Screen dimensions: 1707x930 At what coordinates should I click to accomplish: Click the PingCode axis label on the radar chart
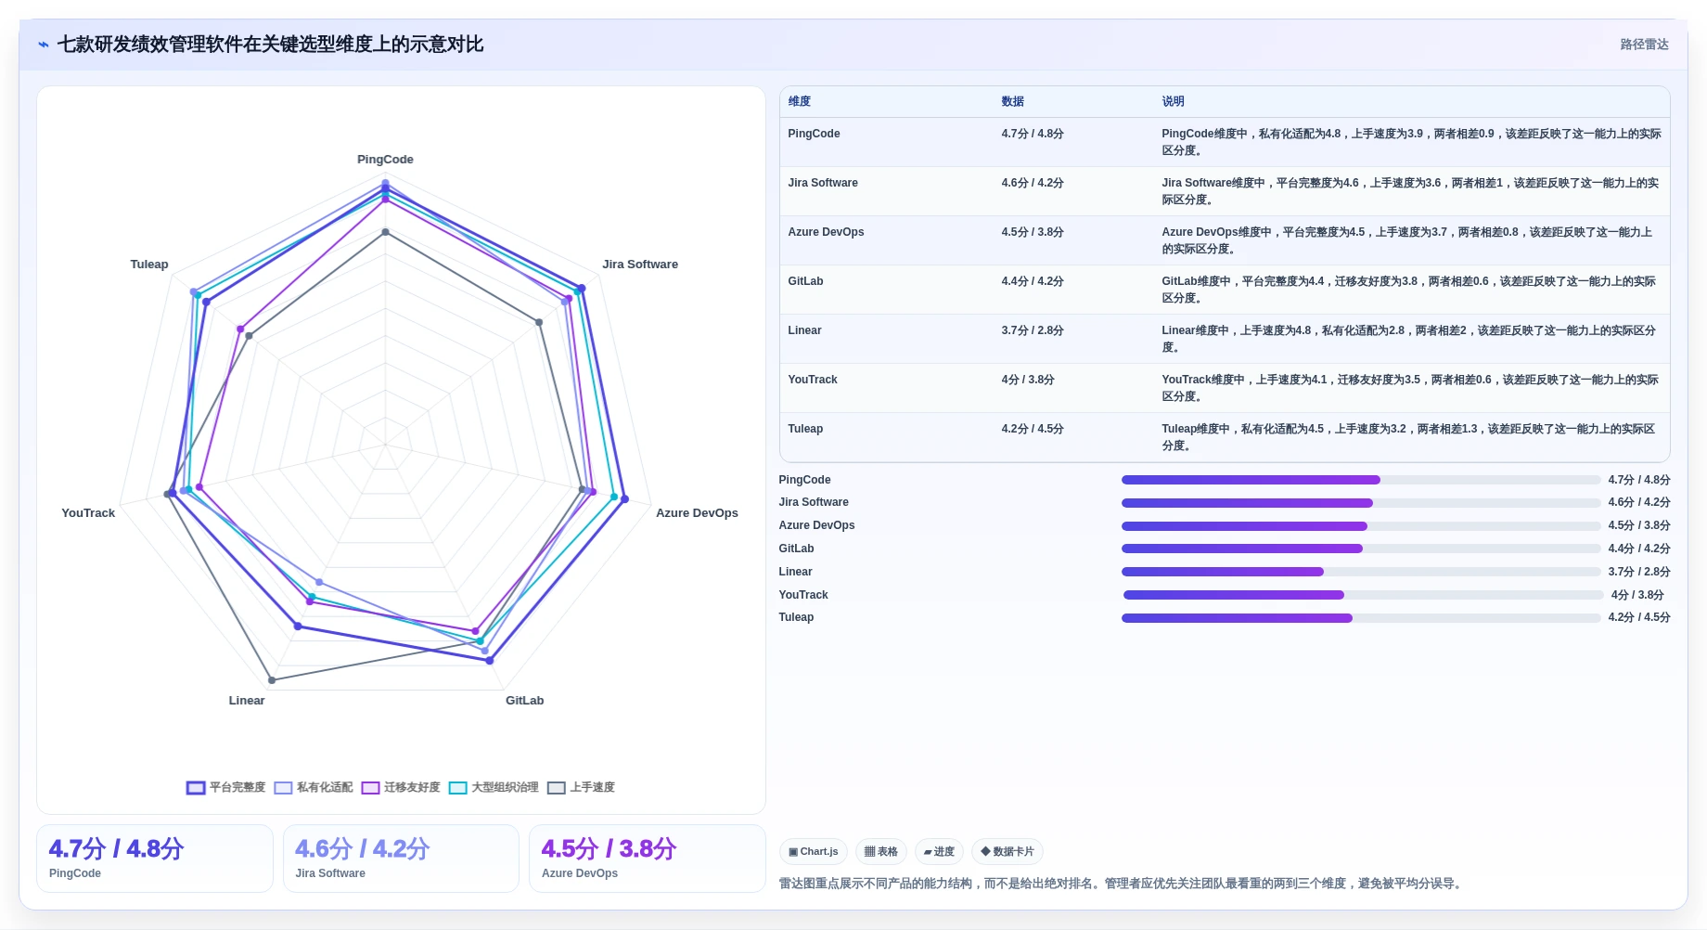[385, 160]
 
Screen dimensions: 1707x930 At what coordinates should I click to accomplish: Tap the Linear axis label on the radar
[247, 701]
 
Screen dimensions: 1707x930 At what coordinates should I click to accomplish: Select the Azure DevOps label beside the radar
[697, 513]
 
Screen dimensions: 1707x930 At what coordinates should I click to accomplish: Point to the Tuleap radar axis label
[149, 265]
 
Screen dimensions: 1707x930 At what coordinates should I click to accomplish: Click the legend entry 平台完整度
[226, 787]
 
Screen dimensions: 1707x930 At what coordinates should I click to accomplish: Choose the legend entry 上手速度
[582, 787]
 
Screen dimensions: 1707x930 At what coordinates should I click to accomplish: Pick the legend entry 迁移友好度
[401, 787]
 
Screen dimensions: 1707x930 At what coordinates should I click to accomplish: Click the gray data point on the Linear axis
[272, 680]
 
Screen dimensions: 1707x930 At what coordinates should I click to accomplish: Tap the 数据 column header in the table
[1012, 101]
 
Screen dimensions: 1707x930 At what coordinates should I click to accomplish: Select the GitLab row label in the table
[805, 281]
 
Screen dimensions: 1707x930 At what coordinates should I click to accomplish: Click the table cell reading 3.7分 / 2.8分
[1033, 330]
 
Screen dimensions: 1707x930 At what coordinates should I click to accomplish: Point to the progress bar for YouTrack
[1363, 595]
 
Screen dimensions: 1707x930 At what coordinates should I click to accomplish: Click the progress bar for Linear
[1361, 572]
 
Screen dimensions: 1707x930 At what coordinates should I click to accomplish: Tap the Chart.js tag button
[814, 851]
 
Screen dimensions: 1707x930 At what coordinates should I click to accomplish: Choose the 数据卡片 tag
[1007, 851]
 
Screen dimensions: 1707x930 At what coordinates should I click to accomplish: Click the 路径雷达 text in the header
[1644, 45]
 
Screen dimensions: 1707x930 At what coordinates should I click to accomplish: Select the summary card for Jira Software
[401, 859]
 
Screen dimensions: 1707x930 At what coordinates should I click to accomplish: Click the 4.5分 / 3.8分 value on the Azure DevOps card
[609, 848]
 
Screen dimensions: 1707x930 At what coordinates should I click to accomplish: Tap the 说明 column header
[1173, 101]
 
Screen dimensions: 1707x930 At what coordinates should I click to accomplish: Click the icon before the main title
[43, 45]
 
